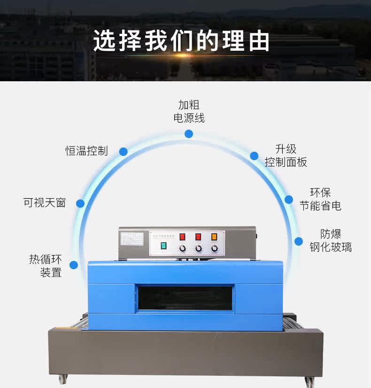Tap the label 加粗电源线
pos(189,111)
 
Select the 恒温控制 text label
pos(86,151)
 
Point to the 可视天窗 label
pos(45,202)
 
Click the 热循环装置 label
pos(46,265)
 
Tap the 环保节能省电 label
pos(320,199)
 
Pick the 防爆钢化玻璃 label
pos(331,241)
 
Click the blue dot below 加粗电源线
pos(189,134)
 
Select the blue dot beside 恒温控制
pos(123,151)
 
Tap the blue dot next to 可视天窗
pos(80,203)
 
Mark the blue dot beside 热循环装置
pos(74,265)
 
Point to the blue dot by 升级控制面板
pos(254,156)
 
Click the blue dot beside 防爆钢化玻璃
pos(299,241)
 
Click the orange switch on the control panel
pos(214,237)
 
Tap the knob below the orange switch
pos(215,248)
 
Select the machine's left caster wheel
pos(62,379)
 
